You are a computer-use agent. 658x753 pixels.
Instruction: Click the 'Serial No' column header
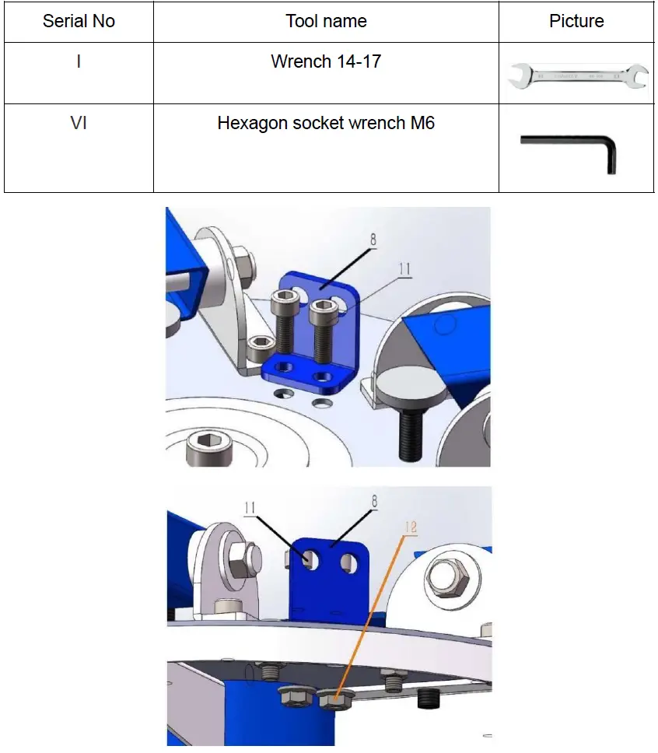tap(79, 21)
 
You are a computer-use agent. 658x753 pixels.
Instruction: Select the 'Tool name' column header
tap(325, 21)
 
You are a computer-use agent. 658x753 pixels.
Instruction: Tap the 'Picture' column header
tap(576, 21)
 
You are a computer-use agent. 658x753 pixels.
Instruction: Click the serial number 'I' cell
tap(79, 61)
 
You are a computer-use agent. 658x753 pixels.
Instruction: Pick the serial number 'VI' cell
tap(79, 123)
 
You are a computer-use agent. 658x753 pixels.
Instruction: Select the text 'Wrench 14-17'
tap(325, 61)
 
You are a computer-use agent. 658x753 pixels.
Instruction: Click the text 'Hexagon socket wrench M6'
tap(325, 123)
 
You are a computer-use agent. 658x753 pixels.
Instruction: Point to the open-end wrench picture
tap(577, 76)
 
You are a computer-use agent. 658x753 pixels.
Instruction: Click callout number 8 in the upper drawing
tap(373, 240)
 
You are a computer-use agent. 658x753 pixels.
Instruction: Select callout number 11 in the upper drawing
tap(404, 270)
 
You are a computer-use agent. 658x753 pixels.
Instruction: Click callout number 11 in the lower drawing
tap(250, 509)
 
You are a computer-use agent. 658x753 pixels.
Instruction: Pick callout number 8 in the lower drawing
tap(374, 503)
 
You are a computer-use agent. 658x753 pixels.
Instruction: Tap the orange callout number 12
tap(410, 527)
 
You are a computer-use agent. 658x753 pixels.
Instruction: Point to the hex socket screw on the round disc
tap(205, 447)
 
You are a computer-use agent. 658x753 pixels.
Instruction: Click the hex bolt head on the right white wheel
tap(447, 576)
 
